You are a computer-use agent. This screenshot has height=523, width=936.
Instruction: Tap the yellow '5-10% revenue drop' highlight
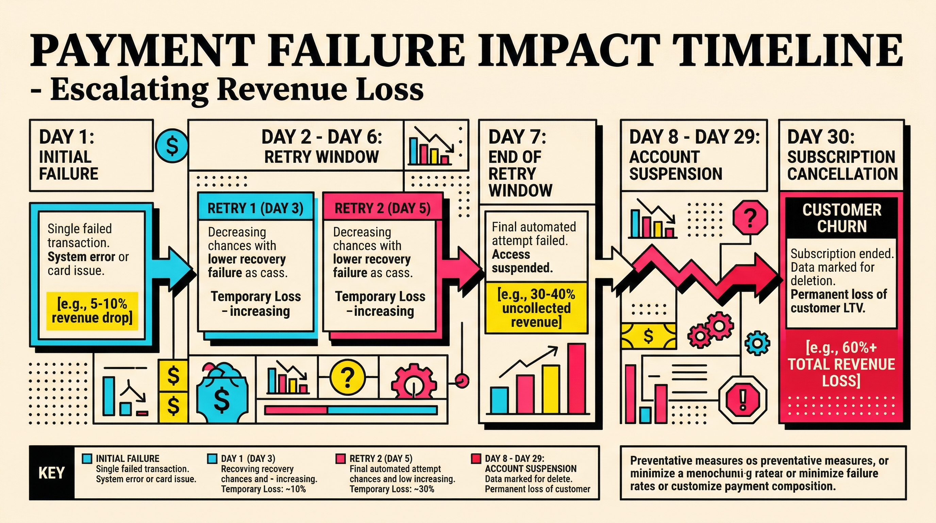click(92, 311)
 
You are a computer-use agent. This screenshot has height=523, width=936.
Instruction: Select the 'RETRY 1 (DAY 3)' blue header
click(255, 208)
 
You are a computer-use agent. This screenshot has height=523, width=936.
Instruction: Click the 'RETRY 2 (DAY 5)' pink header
click(382, 208)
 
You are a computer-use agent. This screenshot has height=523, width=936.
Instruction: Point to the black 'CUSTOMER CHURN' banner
click(841, 218)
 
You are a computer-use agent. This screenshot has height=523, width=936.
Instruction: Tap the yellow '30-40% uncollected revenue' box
click(536, 308)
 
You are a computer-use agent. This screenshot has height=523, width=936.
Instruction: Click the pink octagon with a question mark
click(750, 219)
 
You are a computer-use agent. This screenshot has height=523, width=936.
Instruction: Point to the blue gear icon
click(757, 343)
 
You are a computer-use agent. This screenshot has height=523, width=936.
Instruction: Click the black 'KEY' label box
click(52, 473)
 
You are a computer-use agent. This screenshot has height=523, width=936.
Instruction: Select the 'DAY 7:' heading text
click(517, 137)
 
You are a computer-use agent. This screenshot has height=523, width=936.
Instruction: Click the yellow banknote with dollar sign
click(649, 336)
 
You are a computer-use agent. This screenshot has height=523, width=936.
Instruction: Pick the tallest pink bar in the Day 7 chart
click(576, 379)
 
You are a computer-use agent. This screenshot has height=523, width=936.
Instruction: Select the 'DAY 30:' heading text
click(821, 137)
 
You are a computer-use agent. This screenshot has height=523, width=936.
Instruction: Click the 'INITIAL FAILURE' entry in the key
click(127, 458)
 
